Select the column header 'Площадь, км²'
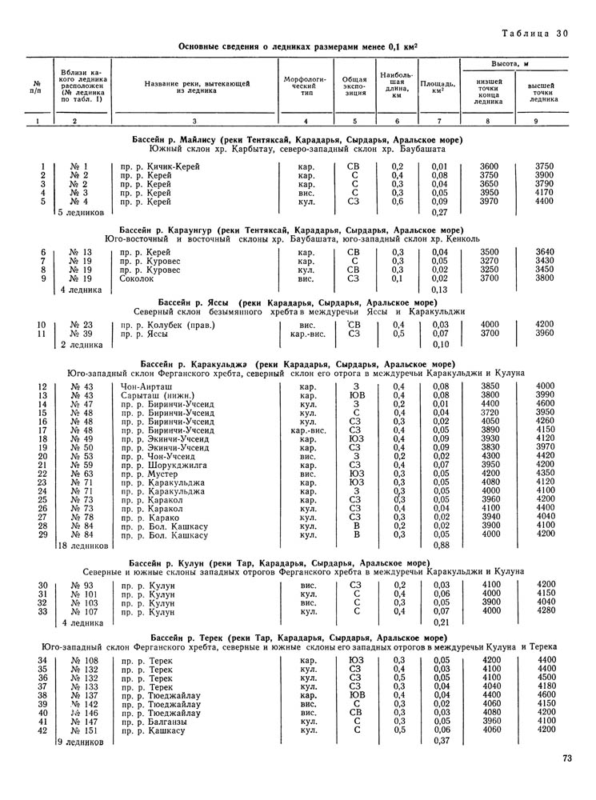click(438, 87)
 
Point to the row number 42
click(43, 730)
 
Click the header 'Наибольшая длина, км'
click(397, 86)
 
